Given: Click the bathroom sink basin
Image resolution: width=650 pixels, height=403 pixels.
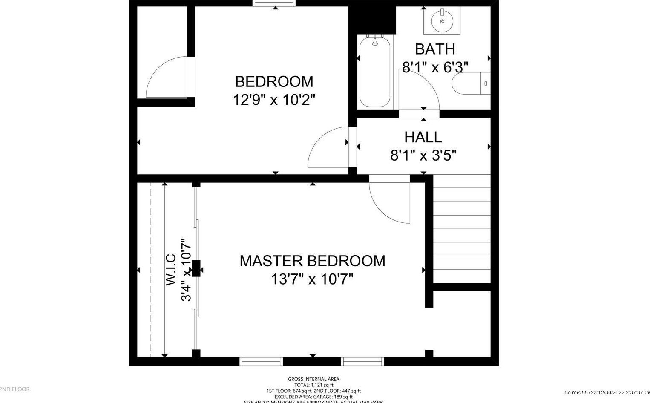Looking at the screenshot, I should (x=442, y=20).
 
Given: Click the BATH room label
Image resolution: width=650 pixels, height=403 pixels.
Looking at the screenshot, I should (x=435, y=49).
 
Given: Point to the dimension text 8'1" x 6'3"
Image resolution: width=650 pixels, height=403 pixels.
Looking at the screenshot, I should (x=435, y=67).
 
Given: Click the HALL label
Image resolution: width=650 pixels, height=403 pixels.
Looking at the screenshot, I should (x=423, y=137).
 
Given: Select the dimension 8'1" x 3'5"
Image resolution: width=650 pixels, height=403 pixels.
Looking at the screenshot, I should (x=423, y=155).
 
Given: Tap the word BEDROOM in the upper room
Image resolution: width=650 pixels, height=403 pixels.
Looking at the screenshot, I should (x=274, y=81).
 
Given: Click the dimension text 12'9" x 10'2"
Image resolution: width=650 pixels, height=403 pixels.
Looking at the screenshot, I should (x=274, y=100).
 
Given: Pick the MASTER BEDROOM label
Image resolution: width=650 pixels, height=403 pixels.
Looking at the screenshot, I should (x=312, y=261).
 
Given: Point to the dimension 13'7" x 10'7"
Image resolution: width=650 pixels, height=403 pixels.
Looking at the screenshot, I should (x=312, y=279).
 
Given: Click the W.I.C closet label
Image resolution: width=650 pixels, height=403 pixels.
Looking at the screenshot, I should (x=171, y=269).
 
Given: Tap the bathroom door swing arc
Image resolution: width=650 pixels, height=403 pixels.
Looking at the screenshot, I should (x=422, y=90).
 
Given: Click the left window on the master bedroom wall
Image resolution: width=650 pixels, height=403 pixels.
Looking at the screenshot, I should (x=261, y=362).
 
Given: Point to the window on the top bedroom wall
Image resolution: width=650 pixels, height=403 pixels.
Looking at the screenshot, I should (x=274, y=3).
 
